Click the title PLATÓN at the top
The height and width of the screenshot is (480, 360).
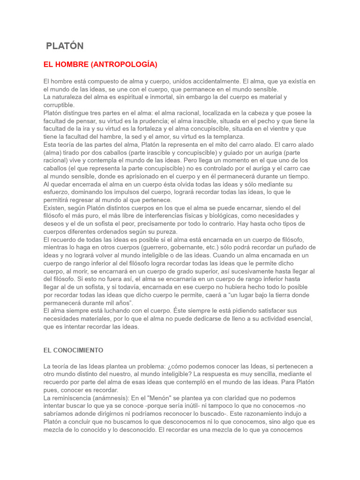(x=65, y=46)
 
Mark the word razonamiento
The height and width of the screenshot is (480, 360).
(x=248, y=414)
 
